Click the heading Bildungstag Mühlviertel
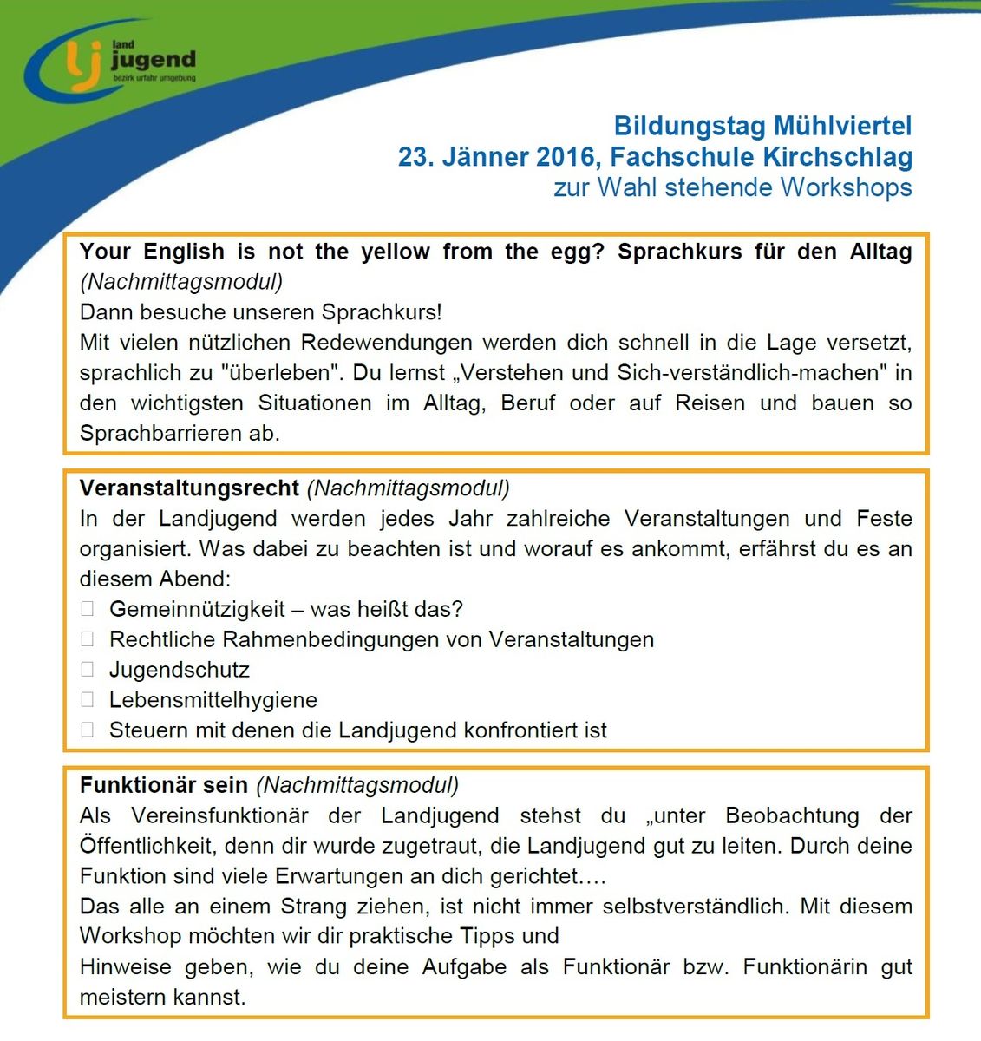[x=762, y=127]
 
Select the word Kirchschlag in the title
[x=837, y=157]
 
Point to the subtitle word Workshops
[x=846, y=187]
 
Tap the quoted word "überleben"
[x=278, y=373]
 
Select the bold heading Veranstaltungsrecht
[x=189, y=488]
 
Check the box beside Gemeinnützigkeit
[x=87, y=609]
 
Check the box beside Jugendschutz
[x=87, y=670]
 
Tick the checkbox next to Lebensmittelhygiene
[x=87, y=699]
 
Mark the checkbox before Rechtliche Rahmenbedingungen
[x=87, y=639]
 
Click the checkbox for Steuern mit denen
[x=87, y=730]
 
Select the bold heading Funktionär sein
[x=164, y=785]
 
